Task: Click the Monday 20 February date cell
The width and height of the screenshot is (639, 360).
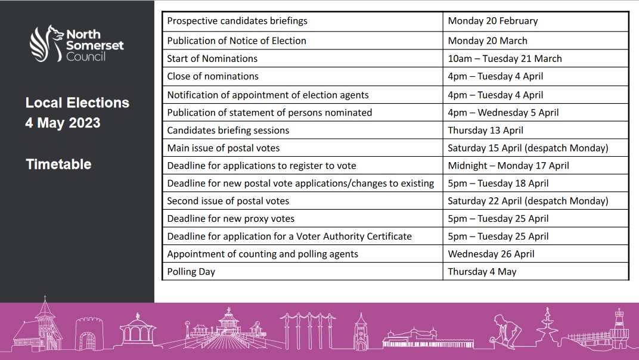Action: [x=492, y=21]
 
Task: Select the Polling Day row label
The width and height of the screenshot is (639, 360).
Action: [x=191, y=272]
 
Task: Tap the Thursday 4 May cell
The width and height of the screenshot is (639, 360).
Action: [x=482, y=272]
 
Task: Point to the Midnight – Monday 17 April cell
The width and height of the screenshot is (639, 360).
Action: [x=508, y=166]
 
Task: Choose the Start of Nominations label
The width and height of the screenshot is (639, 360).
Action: [x=212, y=58]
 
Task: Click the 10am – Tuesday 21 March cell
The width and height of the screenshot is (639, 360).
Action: [x=504, y=58]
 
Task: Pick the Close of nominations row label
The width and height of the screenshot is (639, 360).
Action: [x=212, y=76]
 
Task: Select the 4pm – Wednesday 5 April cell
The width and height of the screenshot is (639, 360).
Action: [x=503, y=113]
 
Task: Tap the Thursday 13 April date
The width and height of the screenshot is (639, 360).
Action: [x=485, y=131]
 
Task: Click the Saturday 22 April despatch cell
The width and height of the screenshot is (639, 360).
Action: [x=528, y=201]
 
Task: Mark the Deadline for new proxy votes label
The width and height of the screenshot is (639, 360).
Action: [x=231, y=219]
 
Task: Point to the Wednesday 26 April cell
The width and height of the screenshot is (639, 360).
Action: [x=491, y=254]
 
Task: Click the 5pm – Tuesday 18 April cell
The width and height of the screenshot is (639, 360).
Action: [x=498, y=184]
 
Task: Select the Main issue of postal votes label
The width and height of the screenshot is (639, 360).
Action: [x=223, y=148]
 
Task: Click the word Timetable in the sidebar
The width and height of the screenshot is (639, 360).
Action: [x=58, y=165]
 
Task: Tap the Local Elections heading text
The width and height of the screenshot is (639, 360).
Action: [x=77, y=103]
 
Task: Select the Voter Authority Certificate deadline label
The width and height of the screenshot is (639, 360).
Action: [x=289, y=237]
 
